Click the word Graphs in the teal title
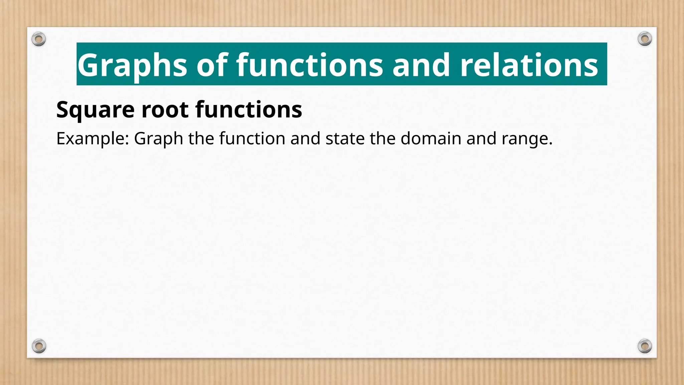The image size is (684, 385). coord(132,65)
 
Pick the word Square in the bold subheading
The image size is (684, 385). coord(95,110)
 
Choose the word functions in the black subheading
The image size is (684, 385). coord(248,110)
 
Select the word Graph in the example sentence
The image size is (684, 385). coord(158,138)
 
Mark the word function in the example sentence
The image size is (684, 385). coord(252,138)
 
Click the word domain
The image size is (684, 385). coord(431,138)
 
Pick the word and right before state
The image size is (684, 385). coord(305,138)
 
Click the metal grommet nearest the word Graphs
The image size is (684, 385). coord(39,39)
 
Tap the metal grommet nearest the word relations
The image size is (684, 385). coord(645,39)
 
